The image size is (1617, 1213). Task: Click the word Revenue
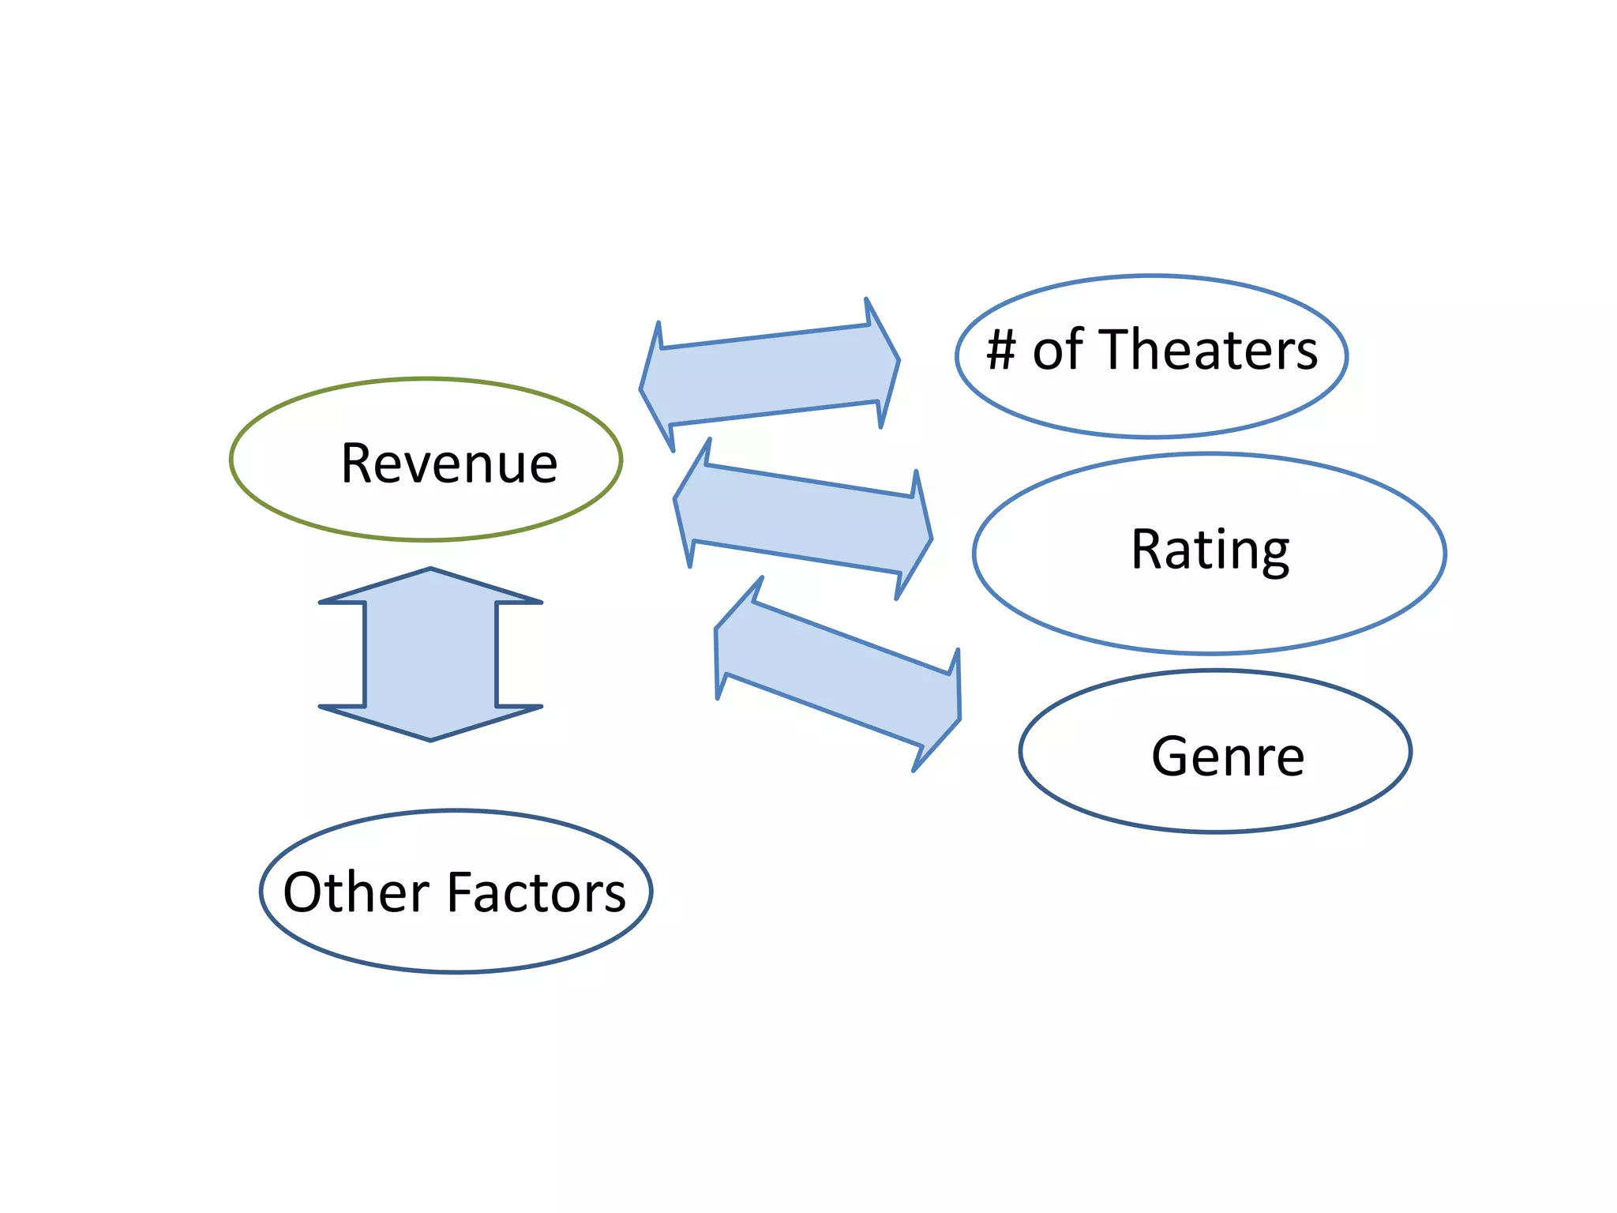(x=448, y=464)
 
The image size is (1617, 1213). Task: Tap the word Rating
(x=1210, y=550)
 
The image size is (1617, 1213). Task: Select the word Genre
(x=1227, y=757)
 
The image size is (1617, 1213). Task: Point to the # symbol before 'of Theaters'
(x=1001, y=350)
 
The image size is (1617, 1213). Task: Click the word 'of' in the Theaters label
(x=1058, y=350)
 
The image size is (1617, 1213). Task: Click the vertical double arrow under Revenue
(x=430, y=654)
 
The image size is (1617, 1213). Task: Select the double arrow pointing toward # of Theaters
(x=769, y=374)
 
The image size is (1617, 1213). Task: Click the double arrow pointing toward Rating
(x=802, y=519)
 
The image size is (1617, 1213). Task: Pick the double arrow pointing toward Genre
(x=837, y=674)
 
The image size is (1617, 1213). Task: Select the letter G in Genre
(x=1169, y=757)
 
